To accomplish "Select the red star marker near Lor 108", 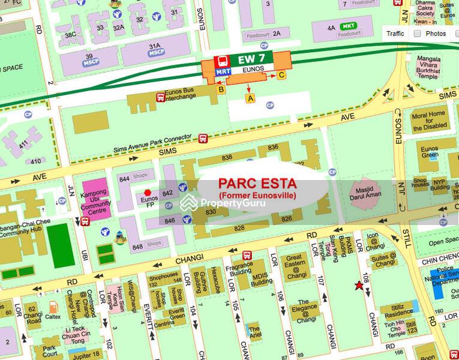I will click(x=359, y=286).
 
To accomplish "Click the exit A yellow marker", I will click(x=250, y=97).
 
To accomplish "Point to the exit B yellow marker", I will click(x=221, y=90).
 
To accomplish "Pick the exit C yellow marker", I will click(x=281, y=76).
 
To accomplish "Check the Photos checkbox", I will click(x=418, y=34).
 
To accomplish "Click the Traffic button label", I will click(x=395, y=34).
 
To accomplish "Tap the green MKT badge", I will click(x=347, y=27).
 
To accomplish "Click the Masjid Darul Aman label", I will click(x=367, y=192).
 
